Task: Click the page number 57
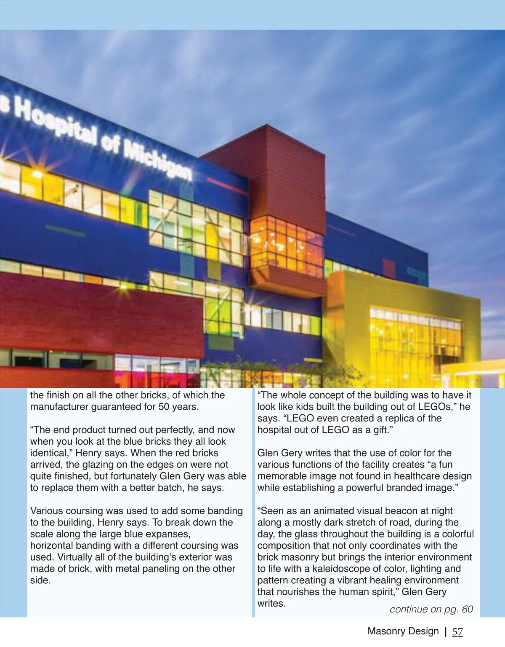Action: (457, 631)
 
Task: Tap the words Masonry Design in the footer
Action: (403, 631)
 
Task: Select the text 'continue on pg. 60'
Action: (431, 609)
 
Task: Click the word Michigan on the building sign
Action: (157, 158)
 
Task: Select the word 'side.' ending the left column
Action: (40, 580)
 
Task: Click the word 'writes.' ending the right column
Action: (271, 604)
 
